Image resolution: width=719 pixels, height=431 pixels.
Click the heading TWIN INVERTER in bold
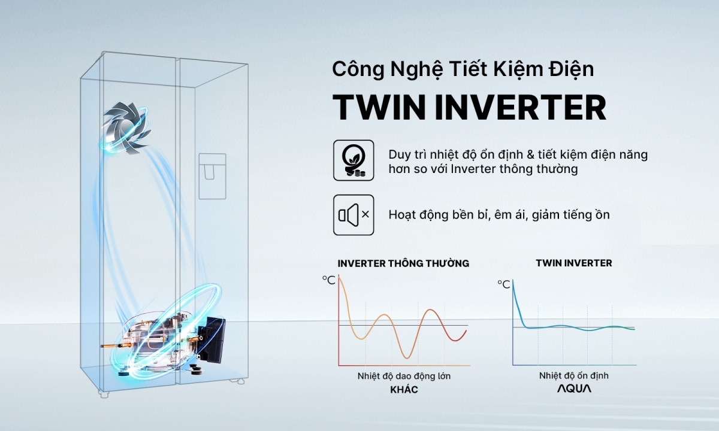[x=469, y=107]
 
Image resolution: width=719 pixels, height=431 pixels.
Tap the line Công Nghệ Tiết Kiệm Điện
[x=463, y=69]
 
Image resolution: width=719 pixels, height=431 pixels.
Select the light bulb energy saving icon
[x=354, y=160]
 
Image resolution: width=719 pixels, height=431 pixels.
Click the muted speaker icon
[x=354, y=214]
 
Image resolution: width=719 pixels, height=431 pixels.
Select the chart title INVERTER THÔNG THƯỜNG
[x=403, y=263]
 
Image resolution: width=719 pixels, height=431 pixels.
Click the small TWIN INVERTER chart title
[x=573, y=263]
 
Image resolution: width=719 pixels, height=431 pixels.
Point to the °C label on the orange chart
[x=328, y=279]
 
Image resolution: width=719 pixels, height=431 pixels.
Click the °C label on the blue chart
[x=503, y=284]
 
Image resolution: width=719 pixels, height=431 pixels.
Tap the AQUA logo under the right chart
[x=573, y=389]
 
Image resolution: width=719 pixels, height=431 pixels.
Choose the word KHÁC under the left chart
[x=403, y=390]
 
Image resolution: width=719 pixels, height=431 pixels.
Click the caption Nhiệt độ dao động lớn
[x=404, y=376]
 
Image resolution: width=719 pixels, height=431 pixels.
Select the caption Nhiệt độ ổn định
[x=573, y=376]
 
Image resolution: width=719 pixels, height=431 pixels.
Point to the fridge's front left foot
[x=105, y=395]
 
